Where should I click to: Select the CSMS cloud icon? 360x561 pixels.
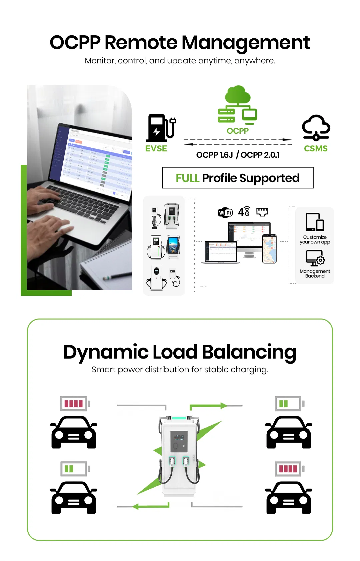pos(316,128)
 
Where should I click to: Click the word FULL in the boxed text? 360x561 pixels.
pos(187,178)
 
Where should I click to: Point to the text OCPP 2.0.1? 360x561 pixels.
pos(260,155)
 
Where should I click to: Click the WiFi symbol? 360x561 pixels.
pos(225,212)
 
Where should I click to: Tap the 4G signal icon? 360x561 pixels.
pos(244,211)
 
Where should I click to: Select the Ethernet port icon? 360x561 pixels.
pos(262,211)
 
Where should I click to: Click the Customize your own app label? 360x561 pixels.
pos(315,239)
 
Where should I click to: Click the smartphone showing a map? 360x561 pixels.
pos(269,248)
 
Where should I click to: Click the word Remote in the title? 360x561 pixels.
pos(141,43)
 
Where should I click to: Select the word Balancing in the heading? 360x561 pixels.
pos(249,352)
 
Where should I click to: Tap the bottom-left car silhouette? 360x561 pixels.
pos(74,497)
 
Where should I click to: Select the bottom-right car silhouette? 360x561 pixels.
pos(289,497)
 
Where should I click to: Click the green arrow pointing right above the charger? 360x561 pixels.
pos(209,406)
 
